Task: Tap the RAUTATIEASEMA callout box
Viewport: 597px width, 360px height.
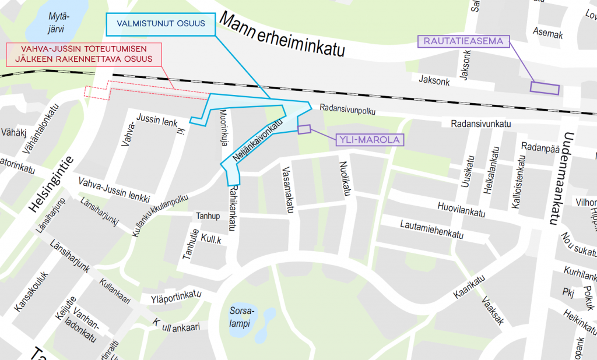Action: point(464,41)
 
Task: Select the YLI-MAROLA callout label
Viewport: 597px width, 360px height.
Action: point(370,140)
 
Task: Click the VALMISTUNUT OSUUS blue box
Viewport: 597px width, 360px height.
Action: point(160,24)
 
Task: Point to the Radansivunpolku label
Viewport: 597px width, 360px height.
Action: point(347,110)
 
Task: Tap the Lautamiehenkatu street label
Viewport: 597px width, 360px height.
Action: point(431,228)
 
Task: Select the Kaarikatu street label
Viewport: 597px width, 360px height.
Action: point(470,288)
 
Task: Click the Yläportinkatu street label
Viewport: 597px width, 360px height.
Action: point(175,296)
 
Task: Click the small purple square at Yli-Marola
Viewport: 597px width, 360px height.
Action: point(304,129)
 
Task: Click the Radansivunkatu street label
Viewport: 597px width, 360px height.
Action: point(481,123)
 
